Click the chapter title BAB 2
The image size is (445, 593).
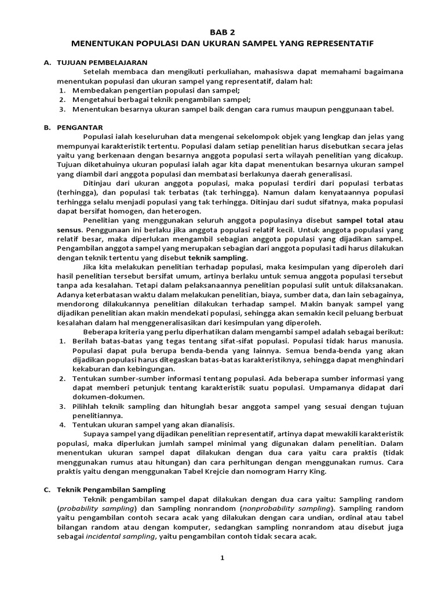[x=222, y=32]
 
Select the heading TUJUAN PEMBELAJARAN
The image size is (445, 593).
[x=102, y=62]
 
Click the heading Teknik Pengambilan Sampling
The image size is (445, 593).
[x=111, y=489]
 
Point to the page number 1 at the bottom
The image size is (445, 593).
[x=222, y=558]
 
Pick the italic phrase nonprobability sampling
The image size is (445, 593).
[x=279, y=508]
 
